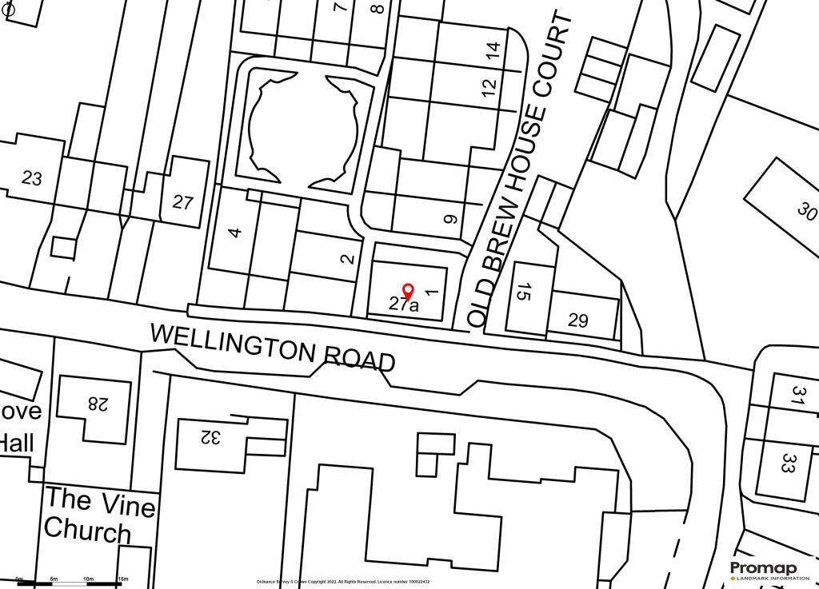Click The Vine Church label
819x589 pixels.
point(99,515)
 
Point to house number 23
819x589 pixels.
point(32,178)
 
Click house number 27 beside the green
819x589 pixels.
point(183,202)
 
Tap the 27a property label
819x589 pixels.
point(403,304)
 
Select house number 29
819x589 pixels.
point(578,320)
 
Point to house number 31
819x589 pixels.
point(797,397)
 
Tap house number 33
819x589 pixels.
point(788,464)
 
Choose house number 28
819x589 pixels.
point(97,404)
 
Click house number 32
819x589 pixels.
point(210,438)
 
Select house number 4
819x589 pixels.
point(234,233)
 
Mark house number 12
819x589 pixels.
point(489,86)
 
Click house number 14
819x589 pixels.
point(495,52)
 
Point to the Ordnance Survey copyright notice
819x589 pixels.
point(343,582)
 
